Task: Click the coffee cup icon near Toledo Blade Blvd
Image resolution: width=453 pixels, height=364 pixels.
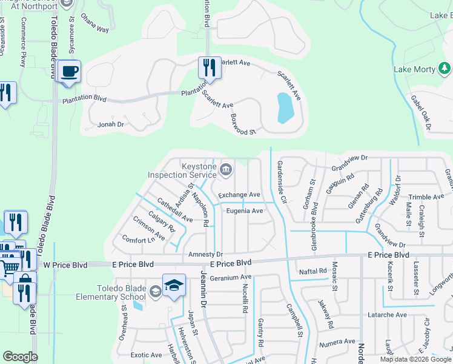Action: (x=70, y=71)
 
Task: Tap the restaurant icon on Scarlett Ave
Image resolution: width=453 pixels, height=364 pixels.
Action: (x=209, y=67)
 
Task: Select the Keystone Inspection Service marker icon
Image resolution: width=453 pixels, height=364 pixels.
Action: (x=225, y=169)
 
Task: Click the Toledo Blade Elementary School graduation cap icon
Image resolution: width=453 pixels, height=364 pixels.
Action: (x=173, y=285)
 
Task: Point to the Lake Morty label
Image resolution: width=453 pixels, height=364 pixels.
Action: (x=414, y=69)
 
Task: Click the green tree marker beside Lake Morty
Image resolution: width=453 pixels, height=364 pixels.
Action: (x=444, y=67)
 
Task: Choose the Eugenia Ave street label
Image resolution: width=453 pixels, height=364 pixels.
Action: (x=244, y=211)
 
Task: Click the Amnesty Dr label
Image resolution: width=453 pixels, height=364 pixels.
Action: (x=206, y=254)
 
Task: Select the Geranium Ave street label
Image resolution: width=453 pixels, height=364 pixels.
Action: (x=230, y=277)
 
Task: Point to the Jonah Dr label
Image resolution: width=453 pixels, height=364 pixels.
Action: (x=110, y=124)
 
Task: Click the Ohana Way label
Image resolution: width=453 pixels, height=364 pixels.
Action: (x=95, y=29)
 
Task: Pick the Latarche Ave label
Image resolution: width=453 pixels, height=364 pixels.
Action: (x=386, y=315)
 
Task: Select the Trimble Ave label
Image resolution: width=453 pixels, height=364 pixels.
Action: (x=426, y=197)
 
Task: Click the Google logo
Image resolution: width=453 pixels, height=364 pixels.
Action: (x=20, y=357)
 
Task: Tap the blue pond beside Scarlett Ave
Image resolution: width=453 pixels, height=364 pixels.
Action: (x=285, y=108)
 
